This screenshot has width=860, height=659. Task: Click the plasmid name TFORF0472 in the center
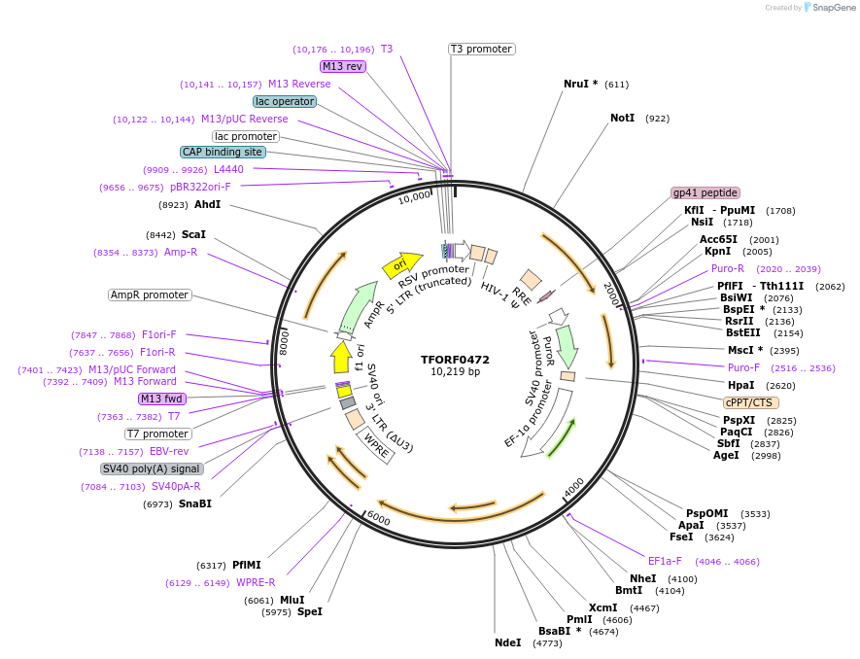455,359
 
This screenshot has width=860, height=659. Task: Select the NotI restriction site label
622,118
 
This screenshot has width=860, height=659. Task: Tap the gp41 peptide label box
705,192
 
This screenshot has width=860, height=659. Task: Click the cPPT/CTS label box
751,401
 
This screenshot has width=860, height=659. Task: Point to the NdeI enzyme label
507,642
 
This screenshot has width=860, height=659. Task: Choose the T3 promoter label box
481,49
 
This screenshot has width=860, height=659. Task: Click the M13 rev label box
342,66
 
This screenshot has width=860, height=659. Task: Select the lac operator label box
285,101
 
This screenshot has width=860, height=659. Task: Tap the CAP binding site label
223,152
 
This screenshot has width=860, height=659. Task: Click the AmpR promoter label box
150,295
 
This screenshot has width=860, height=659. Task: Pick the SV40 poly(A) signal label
152,468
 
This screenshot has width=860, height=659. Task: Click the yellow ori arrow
401,263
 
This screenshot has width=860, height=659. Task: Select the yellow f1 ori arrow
341,358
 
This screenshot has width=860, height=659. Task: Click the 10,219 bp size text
455,371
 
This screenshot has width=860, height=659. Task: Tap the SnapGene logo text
827,8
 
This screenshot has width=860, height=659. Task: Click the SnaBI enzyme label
194,503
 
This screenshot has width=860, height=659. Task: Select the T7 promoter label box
157,434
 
